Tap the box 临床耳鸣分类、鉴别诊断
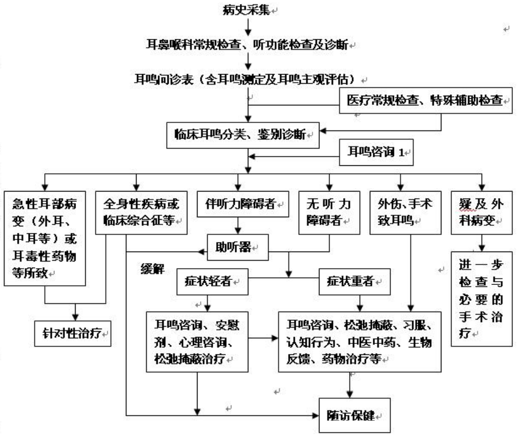pos(244,135)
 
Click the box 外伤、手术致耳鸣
pos(401,212)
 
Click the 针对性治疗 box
pos(73,333)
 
